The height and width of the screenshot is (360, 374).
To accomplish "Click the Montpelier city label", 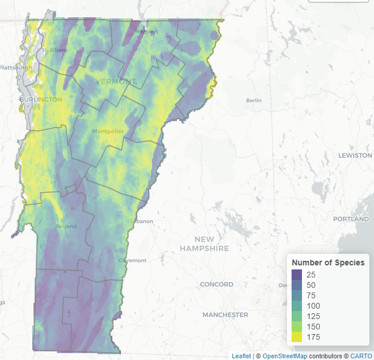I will coord(108,132).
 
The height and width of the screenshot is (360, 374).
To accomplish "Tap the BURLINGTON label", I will coord(40,99).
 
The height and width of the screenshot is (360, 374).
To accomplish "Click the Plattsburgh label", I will coord(16,67).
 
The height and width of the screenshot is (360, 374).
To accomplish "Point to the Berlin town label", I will coord(254,100).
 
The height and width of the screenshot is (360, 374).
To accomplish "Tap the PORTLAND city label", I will coord(351,219).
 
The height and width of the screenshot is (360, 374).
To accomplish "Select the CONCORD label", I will coord(216,284).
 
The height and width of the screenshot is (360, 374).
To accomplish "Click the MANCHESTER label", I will coord(225,315).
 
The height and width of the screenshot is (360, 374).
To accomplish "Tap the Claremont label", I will coord(133,260).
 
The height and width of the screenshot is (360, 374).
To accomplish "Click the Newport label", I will coord(146,32).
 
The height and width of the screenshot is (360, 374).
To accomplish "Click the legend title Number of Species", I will coord(328,262).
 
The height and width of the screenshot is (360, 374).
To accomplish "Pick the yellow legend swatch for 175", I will coord(297,337).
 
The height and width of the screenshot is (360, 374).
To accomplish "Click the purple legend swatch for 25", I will coord(297,273).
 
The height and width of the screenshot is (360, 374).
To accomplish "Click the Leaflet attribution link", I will coord(241,356).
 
